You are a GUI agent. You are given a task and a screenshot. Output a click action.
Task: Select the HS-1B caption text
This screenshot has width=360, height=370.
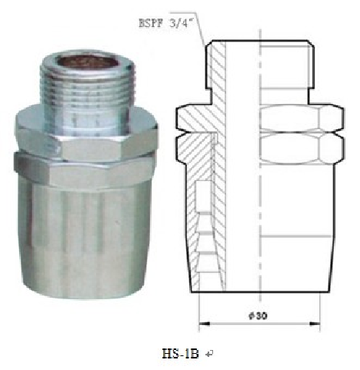[x=180, y=354]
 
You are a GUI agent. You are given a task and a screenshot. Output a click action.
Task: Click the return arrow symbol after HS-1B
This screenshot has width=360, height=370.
[x=208, y=355]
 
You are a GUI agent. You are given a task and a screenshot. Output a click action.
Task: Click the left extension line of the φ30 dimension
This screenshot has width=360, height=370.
[x=199, y=308]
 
